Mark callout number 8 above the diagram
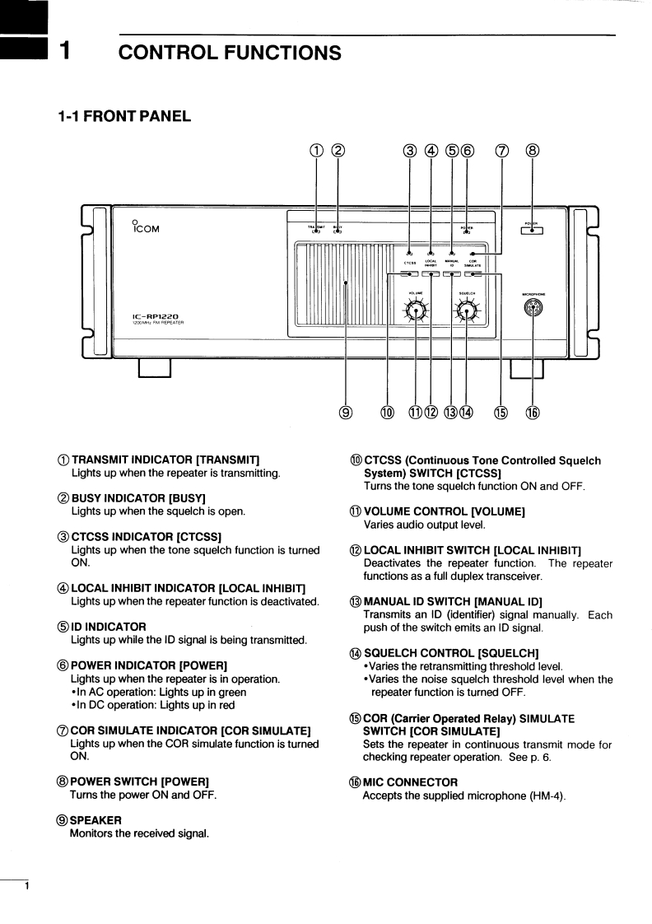533,150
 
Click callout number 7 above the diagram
501,150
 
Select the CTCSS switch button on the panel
409,275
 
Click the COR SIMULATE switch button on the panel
473,275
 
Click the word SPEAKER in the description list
95,820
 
